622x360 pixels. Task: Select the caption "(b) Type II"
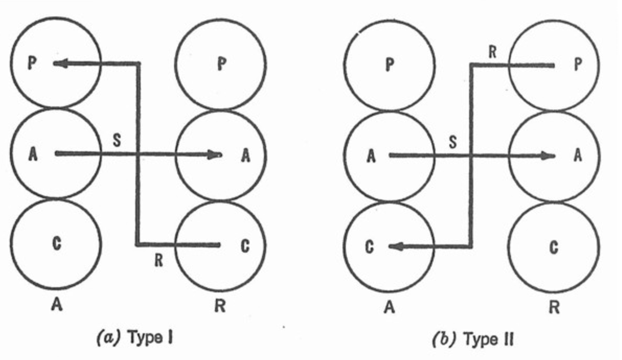(472, 339)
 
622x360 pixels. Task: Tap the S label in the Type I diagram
(116, 140)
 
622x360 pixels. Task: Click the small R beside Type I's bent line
(159, 261)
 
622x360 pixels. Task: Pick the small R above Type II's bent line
(492, 53)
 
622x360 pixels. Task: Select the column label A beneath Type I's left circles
(56, 305)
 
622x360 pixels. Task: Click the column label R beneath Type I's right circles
(220, 306)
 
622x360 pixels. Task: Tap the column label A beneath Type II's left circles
(389, 307)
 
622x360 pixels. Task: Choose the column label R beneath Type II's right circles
(554, 307)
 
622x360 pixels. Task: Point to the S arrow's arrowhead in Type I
(214, 154)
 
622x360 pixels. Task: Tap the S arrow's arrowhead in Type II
(547, 156)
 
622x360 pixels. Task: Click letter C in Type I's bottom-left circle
(56, 244)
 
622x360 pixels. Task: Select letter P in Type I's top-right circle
(221, 64)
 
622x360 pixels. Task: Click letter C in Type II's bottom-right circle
(554, 247)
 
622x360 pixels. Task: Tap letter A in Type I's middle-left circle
(33, 154)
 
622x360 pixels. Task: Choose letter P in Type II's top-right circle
(577, 64)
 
